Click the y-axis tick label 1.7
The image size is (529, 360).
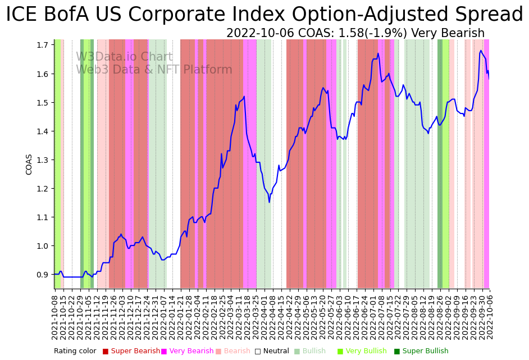point(43,45)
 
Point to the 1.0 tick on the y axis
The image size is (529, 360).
point(43,246)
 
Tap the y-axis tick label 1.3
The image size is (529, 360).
point(43,160)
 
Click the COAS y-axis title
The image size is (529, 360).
point(29,165)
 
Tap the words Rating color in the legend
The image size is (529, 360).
point(75,351)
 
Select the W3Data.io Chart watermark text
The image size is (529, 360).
point(124,57)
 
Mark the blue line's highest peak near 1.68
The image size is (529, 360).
point(481,51)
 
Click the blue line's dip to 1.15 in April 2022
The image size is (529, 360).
point(270,202)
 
